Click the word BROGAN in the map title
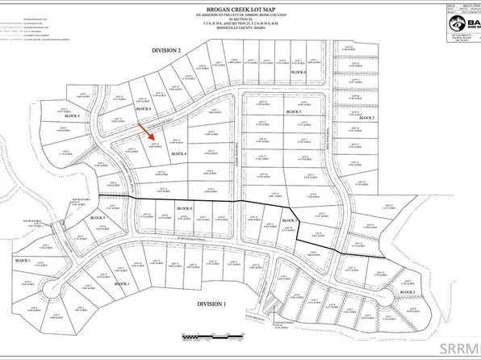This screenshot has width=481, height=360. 217,6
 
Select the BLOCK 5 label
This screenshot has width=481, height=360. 121,218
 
